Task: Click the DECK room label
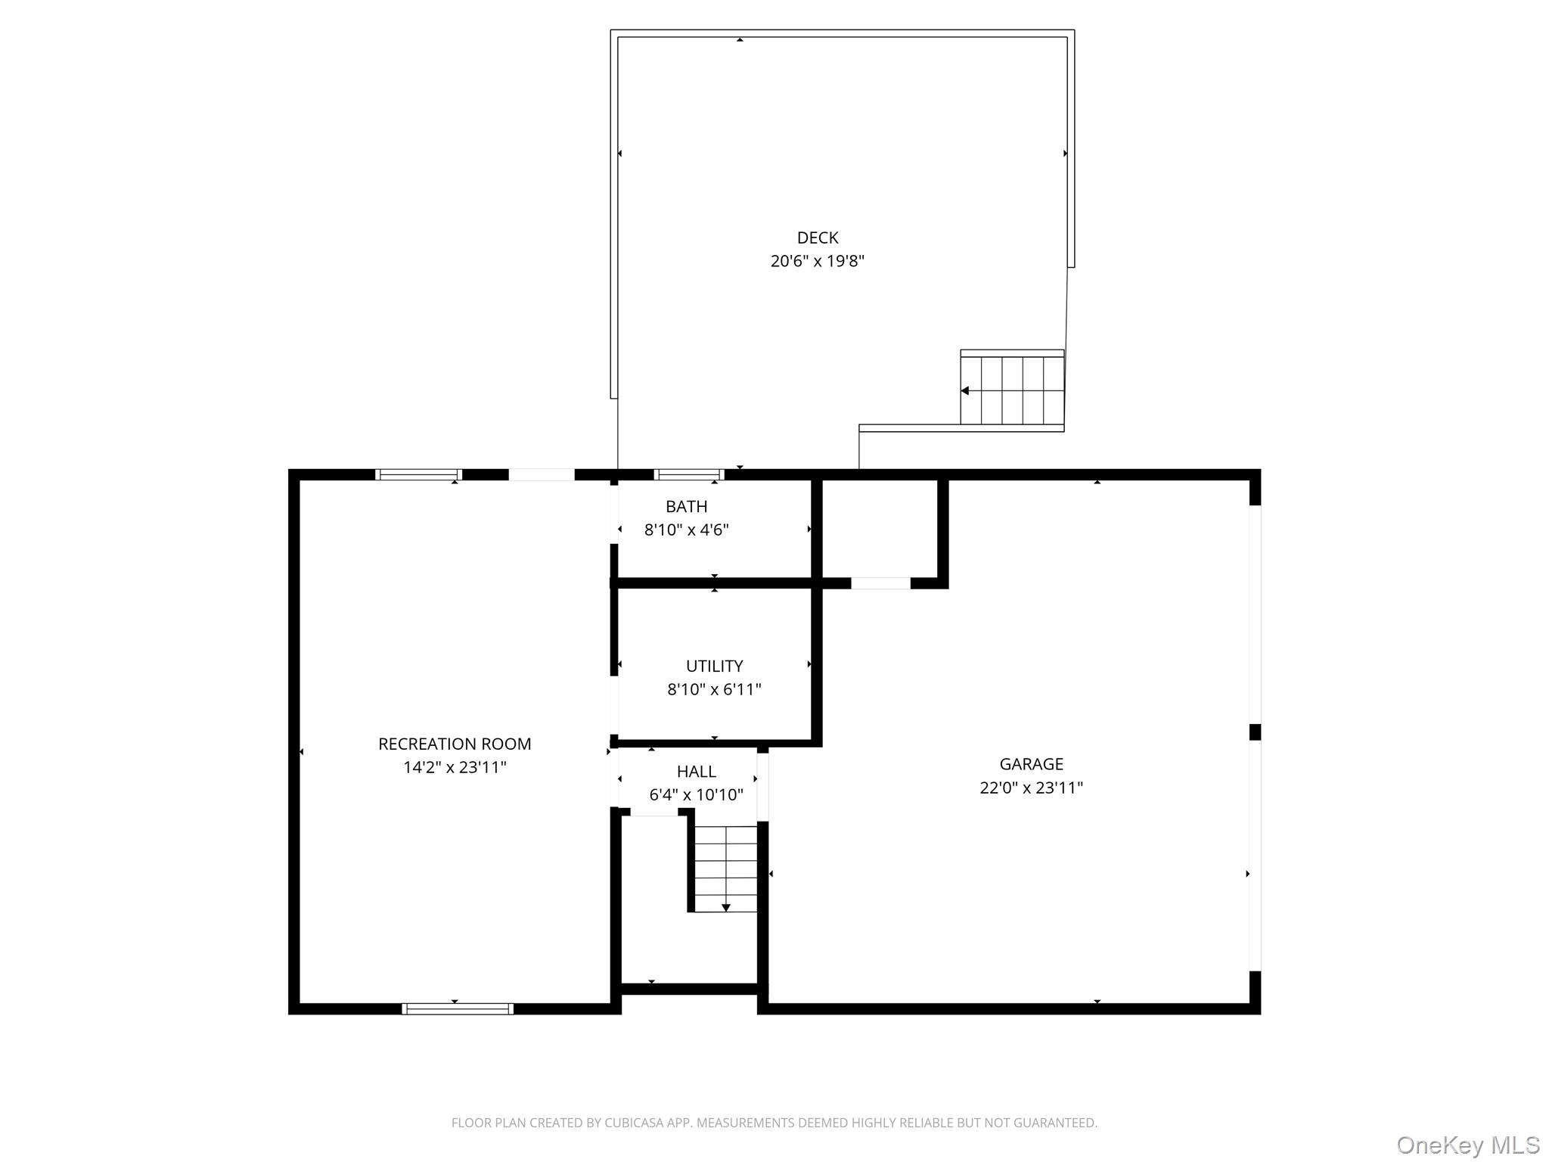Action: coord(817,238)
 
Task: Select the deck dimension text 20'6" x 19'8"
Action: coord(817,262)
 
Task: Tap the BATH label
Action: coord(686,506)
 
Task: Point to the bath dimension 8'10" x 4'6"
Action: coord(686,530)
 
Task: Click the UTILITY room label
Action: coord(714,666)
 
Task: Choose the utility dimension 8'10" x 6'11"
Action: coord(714,689)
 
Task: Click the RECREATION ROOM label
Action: coord(455,744)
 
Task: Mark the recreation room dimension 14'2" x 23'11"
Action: coord(455,767)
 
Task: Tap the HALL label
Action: coord(696,772)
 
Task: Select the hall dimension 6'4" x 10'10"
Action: coord(696,795)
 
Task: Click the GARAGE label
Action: coord(1031,764)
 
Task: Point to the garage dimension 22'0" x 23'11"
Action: coord(1031,788)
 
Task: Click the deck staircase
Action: coord(1012,390)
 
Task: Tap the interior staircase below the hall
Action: coord(725,868)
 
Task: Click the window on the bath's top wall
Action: coord(688,475)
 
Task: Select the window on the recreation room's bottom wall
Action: coord(458,1008)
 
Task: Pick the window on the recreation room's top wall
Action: coord(418,475)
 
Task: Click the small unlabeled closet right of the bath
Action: coord(880,528)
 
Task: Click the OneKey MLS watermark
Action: coord(1467,1145)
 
